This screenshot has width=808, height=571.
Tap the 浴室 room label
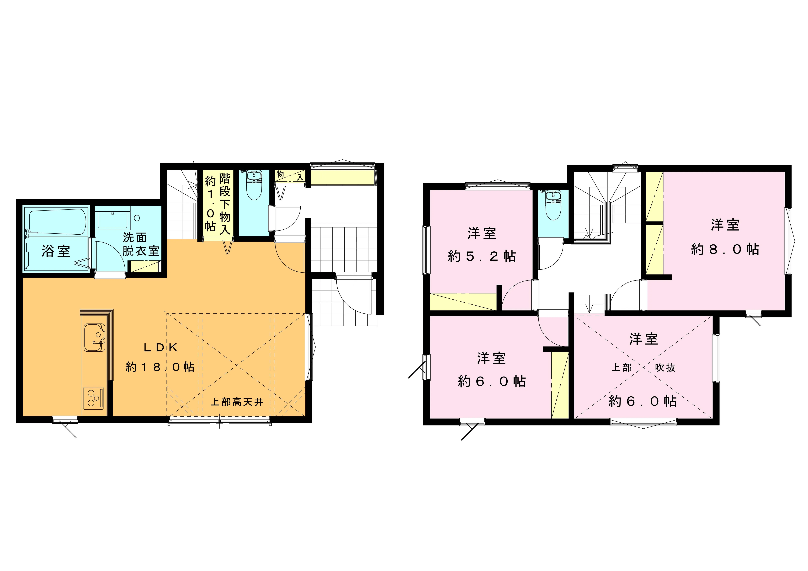[56, 251]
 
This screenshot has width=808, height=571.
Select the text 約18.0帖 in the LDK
[160, 367]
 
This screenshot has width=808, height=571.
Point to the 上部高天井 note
[237, 402]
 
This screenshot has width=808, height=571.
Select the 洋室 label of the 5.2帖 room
[482, 233]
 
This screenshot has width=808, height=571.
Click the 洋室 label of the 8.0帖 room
[725, 225]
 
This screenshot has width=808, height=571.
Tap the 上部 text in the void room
[622, 367]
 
